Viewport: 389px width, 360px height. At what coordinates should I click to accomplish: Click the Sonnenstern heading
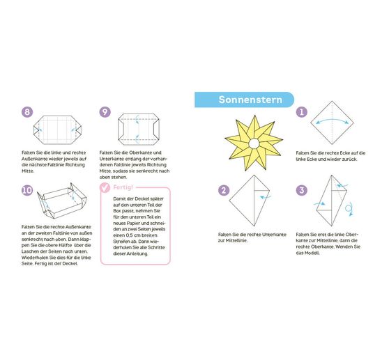[250, 100]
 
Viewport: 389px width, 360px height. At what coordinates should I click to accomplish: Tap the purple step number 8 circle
[27, 112]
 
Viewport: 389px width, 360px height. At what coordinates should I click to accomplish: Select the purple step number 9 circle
[105, 112]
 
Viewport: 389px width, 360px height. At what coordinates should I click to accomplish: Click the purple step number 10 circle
[27, 190]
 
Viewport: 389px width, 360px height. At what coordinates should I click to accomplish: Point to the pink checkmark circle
[105, 187]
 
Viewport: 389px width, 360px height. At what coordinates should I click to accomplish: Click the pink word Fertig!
[123, 187]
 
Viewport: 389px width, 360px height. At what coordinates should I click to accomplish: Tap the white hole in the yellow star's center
[254, 143]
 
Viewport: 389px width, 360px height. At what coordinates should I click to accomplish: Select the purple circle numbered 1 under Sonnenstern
[302, 112]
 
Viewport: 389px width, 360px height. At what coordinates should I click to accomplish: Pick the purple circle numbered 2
[224, 190]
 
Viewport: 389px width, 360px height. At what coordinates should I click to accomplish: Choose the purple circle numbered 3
[302, 190]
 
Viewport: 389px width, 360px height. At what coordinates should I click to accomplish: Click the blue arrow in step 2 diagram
[265, 198]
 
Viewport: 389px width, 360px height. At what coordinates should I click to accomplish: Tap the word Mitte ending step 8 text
[27, 171]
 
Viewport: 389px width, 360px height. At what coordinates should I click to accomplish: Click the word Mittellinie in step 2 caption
[235, 240]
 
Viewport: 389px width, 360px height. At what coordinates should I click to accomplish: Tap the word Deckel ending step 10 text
[70, 264]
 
